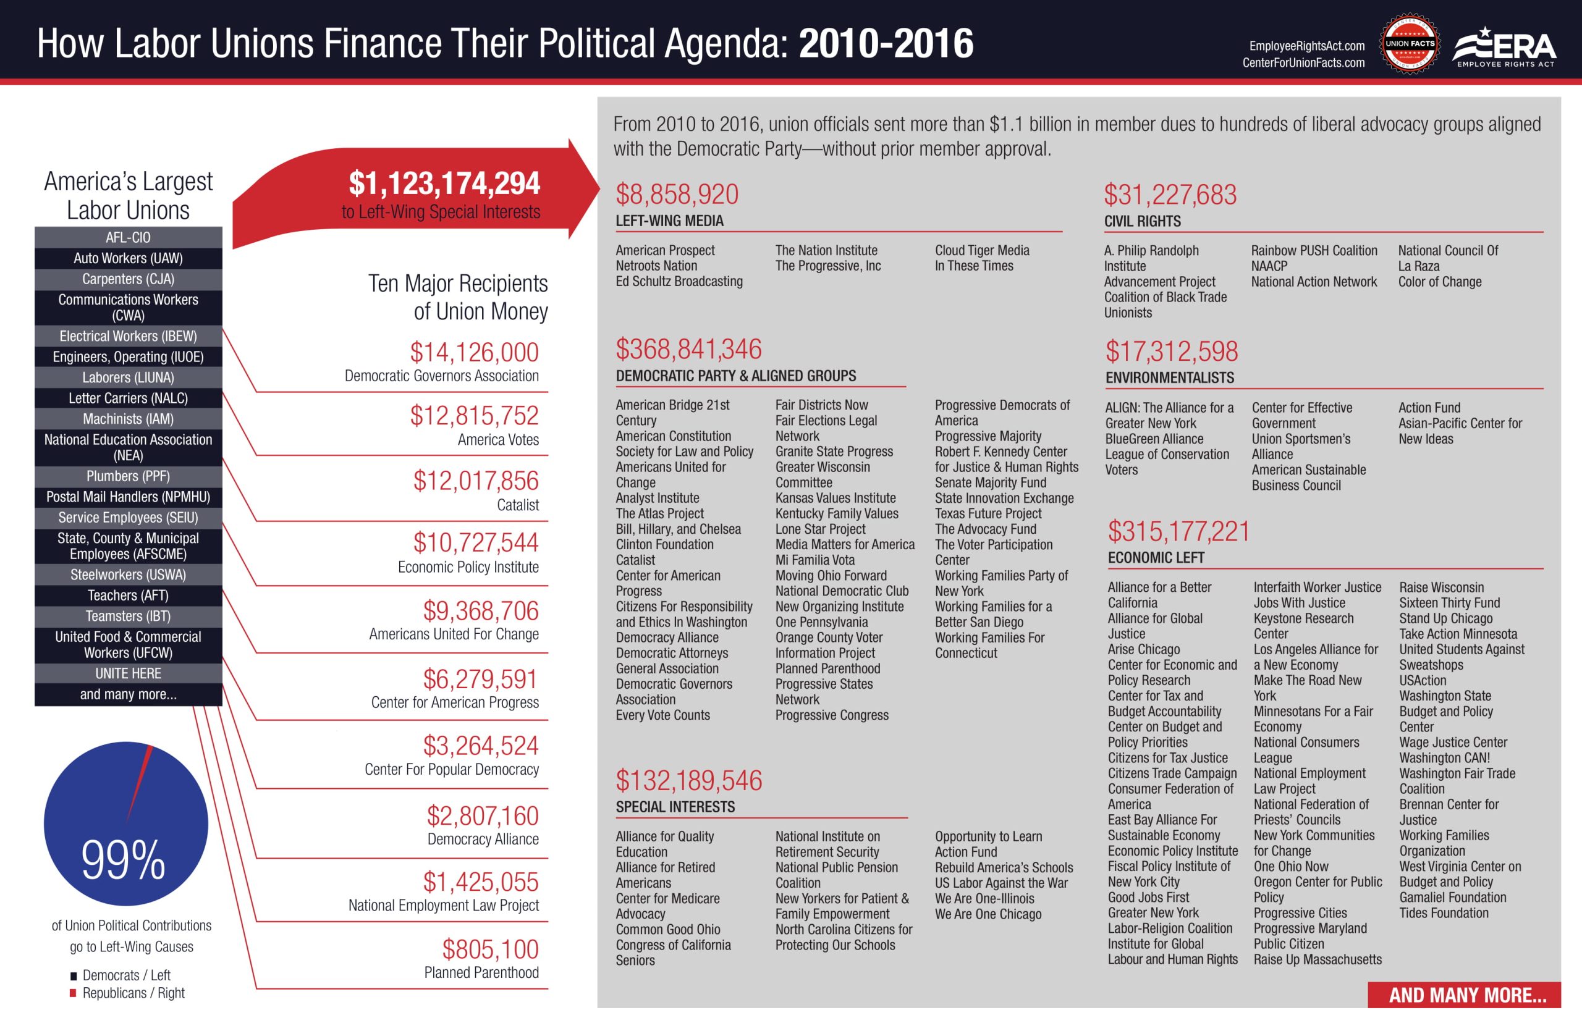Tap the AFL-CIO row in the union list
pos(129,237)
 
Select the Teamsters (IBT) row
pos(129,616)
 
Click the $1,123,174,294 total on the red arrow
pos(444,184)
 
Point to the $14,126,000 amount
pos(474,353)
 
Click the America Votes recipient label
pos(497,439)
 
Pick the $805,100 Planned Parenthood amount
pos(489,949)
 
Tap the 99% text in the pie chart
pos(123,861)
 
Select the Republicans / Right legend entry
pos(133,993)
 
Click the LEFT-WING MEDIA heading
pos(669,221)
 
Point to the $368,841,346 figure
pos(688,350)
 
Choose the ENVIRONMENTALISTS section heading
pos(1169,378)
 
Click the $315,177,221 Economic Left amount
pos(1178,531)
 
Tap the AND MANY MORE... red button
pos(1467,995)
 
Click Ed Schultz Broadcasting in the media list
pos(679,281)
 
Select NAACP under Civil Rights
pos(1269,266)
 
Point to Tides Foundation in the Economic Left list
pos(1443,912)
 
